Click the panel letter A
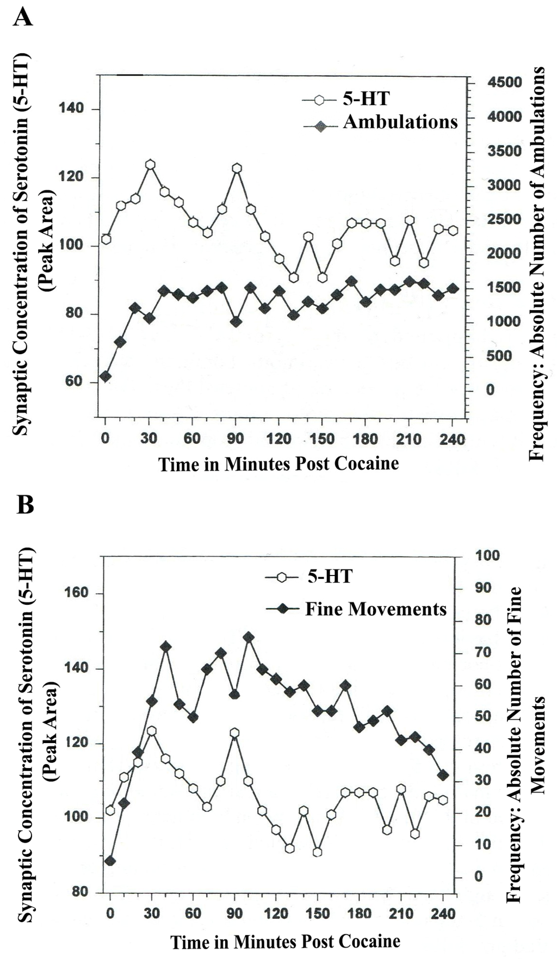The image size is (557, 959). coord(23,17)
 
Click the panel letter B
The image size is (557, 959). coord(25,504)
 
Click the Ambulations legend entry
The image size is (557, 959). coord(400,122)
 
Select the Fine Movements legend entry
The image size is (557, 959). coord(375,609)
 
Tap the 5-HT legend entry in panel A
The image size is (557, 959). coord(366,99)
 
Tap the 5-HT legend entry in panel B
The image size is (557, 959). coord(330,576)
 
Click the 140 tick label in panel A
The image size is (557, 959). coord(71,109)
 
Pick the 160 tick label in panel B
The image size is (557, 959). coord(76,592)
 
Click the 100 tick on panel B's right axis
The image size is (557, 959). coord(487,555)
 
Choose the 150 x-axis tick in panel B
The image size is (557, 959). coord(318,913)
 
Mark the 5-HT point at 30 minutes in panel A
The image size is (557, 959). coord(150,165)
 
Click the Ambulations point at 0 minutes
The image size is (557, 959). coord(106,376)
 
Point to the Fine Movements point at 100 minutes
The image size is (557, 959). coord(249,638)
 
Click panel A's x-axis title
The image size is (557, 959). coord(278,464)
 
